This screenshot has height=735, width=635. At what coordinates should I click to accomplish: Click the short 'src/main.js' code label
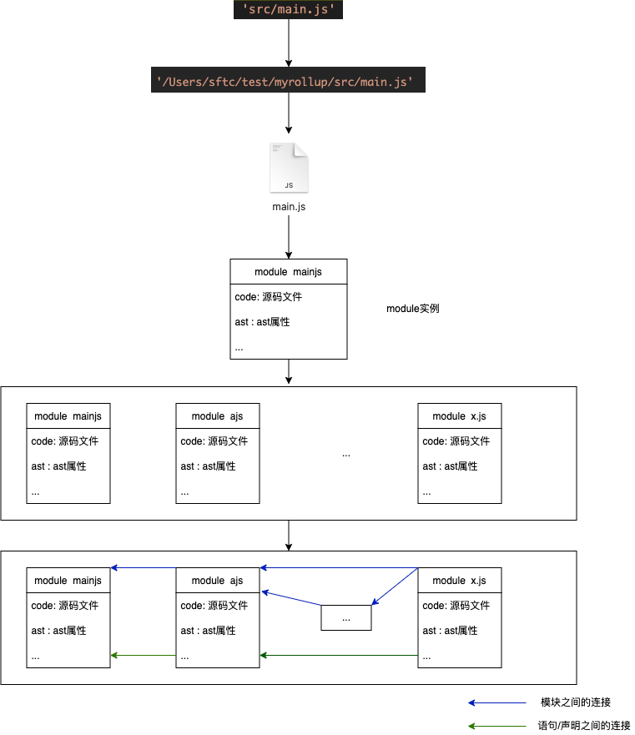coord(288,10)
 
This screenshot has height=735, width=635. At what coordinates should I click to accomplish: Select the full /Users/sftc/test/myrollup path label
coord(288,81)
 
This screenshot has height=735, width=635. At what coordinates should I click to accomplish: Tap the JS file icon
coord(289,168)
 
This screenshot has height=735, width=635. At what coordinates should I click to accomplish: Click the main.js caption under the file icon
coord(289,206)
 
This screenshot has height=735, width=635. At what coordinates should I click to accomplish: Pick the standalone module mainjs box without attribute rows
coord(288,272)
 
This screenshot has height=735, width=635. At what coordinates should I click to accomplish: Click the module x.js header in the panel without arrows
coord(459,416)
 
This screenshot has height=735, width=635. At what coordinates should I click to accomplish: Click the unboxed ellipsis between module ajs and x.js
coord(346,455)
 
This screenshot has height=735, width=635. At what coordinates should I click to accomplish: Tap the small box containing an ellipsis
coord(346,618)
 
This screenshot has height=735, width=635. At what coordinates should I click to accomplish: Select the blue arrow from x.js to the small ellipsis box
coord(395,586)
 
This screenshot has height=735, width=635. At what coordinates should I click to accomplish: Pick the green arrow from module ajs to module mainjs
coord(143,656)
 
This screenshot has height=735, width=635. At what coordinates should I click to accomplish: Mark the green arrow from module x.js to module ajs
coord(338,656)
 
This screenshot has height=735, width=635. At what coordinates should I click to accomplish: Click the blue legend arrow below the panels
coord(497,703)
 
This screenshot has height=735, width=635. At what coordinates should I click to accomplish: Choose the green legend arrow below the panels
coord(497,727)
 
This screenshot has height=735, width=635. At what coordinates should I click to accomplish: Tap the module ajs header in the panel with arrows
coord(217,581)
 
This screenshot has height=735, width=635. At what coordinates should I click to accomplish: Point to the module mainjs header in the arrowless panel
coord(68,416)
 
